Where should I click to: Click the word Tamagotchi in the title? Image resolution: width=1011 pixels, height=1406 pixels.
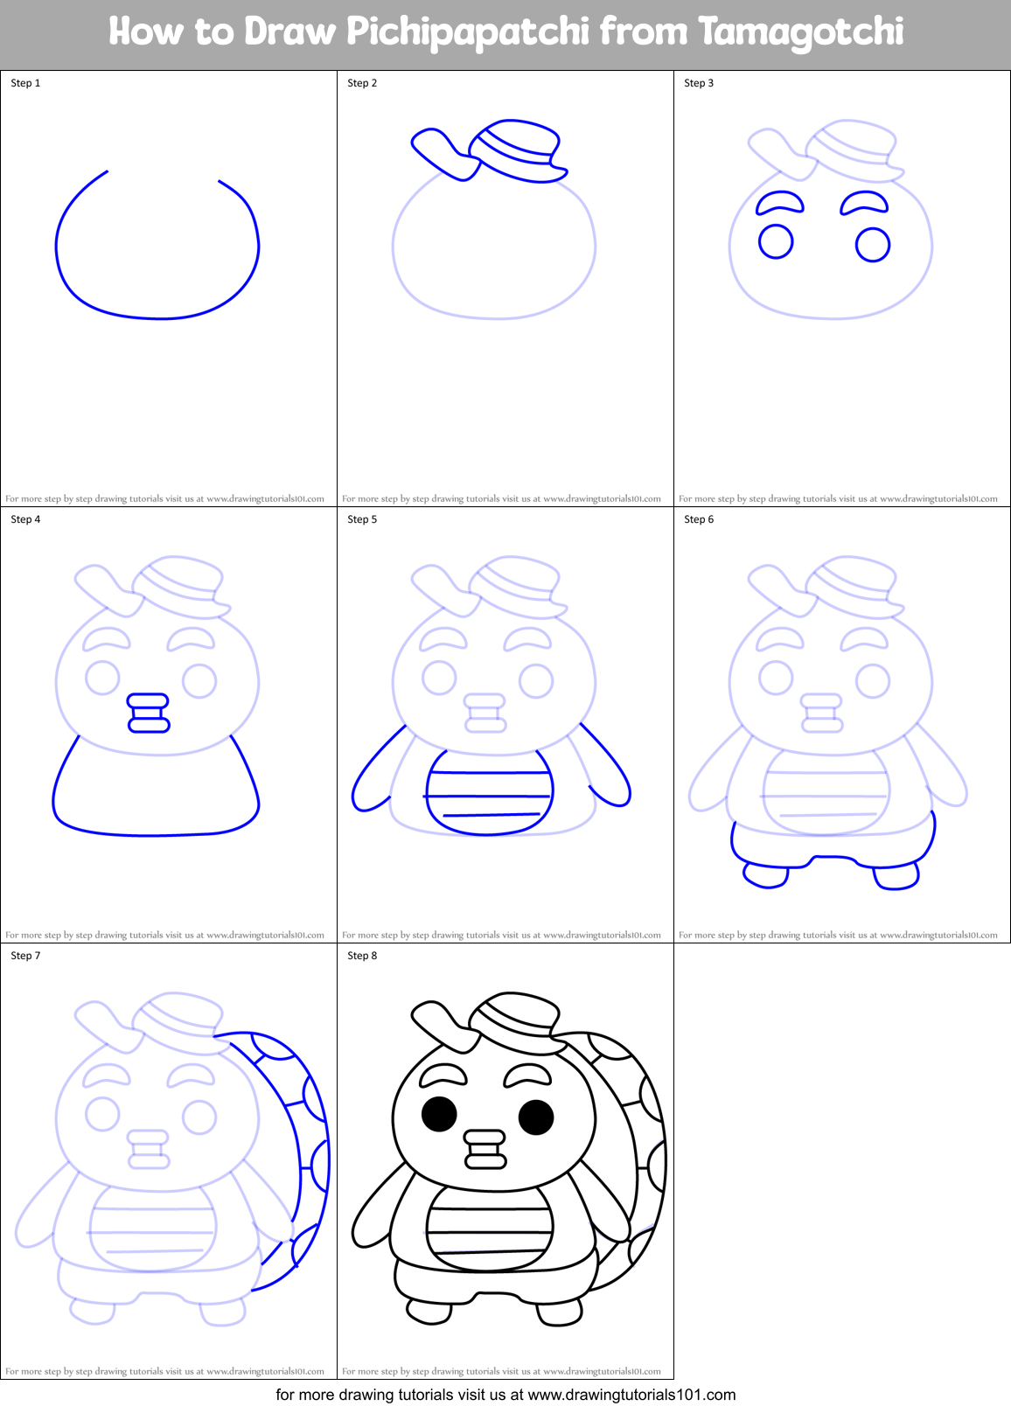pyautogui.click(x=800, y=33)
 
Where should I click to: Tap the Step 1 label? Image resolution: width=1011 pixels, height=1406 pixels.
pyautogui.click(x=25, y=83)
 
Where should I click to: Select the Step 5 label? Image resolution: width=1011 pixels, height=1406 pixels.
pyautogui.click(x=362, y=519)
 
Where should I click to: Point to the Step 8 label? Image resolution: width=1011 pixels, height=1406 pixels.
pyautogui.click(x=362, y=956)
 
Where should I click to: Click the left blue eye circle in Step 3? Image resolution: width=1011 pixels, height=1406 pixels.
pyautogui.click(x=776, y=241)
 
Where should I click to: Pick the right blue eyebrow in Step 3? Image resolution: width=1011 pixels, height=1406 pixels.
pyautogui.click(x=864, y=203)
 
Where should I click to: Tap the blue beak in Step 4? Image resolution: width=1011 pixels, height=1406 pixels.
pyautogui.click(x=149, y=713)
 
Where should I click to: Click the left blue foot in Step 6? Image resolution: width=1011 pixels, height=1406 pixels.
pyautogui.click(x=765, y=874)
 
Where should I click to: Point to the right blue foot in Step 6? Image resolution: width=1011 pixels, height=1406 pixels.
pyautogui.click(x=896, y=876)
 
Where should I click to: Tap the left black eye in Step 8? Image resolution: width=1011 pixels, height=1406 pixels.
pyautogui.click(x=439, y=1114)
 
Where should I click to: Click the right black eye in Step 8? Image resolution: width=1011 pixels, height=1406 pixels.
pyautogui.click(x=536, y=1117)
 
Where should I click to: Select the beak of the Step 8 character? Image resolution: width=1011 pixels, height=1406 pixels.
pyautogui.click(x=485, y=1149)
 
